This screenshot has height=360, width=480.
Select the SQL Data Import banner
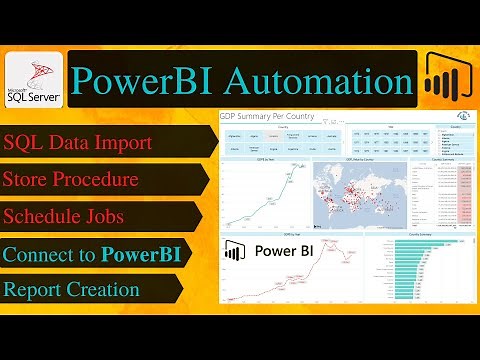tap(95, 143)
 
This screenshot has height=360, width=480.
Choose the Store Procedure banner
tap(95, 181)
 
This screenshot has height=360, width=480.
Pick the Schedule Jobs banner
tap(95, 217)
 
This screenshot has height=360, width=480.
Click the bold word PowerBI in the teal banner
tap(148, 254)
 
